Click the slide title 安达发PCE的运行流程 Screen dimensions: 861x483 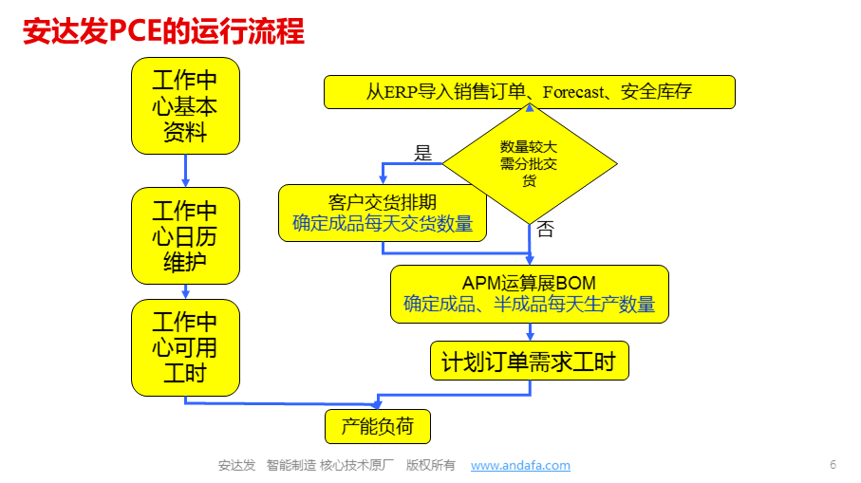point(163,30)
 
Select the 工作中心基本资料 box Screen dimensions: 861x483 point(186,106)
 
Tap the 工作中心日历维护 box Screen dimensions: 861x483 point(186,236)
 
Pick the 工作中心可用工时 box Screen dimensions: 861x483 point(186,347)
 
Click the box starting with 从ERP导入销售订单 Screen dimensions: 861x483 point(530,92)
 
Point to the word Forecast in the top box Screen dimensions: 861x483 point(573,92)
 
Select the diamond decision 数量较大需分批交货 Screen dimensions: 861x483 point(530,163)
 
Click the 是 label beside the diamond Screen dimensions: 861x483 point(422,153)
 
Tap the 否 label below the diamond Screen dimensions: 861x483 point(545,229)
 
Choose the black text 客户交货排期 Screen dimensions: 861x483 point(383,202)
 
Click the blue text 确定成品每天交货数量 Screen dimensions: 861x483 point(383,224)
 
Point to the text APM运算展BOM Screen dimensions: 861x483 point(530,283)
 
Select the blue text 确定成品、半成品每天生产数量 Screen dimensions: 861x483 point(530,304)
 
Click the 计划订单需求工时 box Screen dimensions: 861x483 point(530,362)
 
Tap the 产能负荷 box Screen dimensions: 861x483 point(378,426)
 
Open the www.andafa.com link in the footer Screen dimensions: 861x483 point(520,465)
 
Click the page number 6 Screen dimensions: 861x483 point(833,465)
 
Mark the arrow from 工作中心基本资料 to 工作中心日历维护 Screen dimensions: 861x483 point(186,171)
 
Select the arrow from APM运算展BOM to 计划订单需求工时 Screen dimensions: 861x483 point(530,332)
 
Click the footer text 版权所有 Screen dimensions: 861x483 point(431,465)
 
